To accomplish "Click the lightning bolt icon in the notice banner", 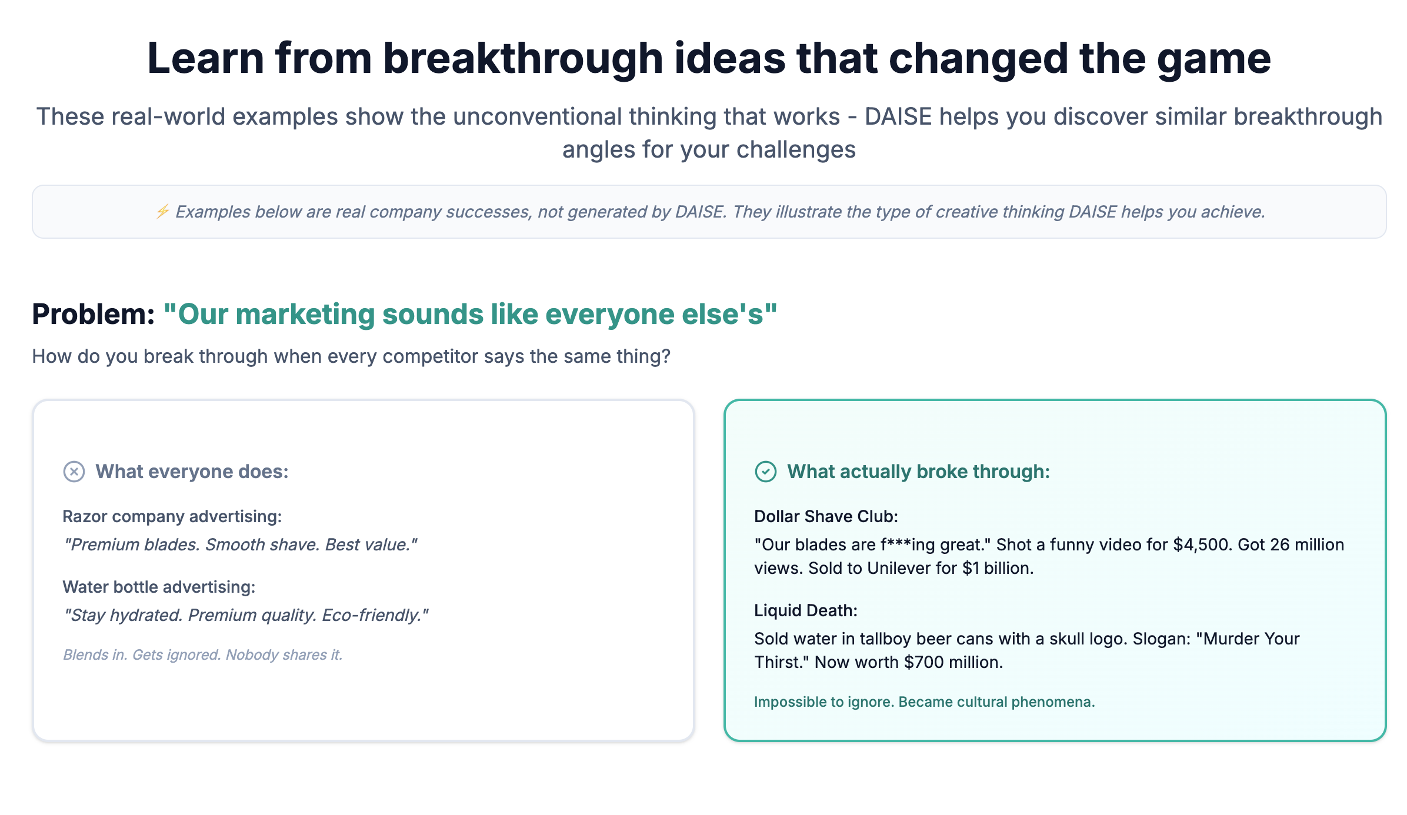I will pos(162,211).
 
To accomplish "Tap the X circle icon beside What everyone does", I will pos(74,472).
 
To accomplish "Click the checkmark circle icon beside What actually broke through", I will pos(765,472).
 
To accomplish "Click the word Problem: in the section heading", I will pos(93,314).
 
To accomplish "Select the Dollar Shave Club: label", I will pos(826,516).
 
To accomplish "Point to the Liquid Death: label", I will pos(806,610).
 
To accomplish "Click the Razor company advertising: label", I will pos(172,516).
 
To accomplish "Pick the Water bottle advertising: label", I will pos(159,587).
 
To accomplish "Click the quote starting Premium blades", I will pos(240,545).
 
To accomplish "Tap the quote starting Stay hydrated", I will pos(246,615).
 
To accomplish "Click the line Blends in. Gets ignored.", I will pos(202,654).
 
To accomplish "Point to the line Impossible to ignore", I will pos(924,702).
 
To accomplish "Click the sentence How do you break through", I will pos(351,356).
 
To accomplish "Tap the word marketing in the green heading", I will pos(305,314).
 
